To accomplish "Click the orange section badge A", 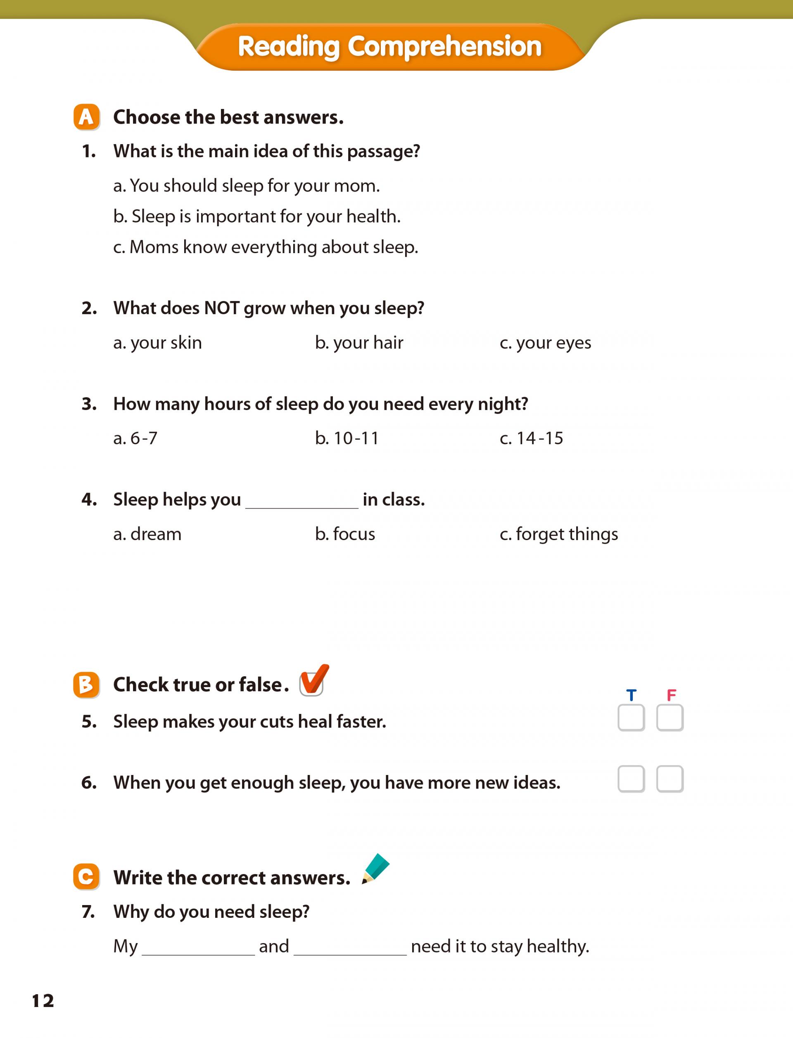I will point(86,117).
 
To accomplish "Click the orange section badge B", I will point(86,685).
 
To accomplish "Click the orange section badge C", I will point(86,877).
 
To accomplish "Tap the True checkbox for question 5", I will point(631,718).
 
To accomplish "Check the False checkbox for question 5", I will point(670,718).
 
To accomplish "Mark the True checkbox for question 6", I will point(631,779).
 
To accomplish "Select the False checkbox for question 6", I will point(670,779).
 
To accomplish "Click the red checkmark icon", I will point(313,680).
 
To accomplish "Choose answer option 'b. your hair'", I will point(359,343).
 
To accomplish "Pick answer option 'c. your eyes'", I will point(545,343).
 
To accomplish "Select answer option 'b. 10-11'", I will point(347,438).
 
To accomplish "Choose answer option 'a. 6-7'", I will point(135,438).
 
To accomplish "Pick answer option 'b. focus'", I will point(344,534).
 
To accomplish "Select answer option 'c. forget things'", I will point(558,534).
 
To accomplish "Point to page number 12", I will point(43,1001).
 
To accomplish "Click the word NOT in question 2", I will point(221,308).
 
